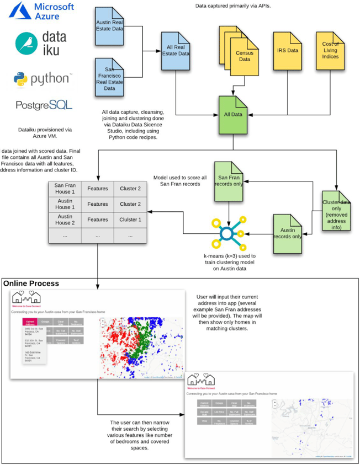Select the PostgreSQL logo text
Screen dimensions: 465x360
point(44,104)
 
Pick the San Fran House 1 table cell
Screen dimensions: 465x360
point(65,189)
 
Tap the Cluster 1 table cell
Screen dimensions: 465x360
point(130,219)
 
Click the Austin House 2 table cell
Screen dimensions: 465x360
point(65,219)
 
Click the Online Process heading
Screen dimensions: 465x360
point(31,284)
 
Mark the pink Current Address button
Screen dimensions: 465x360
point(30,322)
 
